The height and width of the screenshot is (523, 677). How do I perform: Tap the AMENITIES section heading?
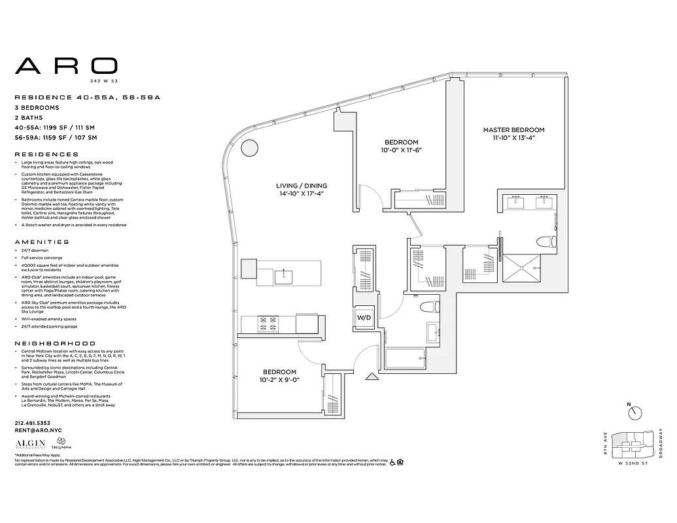coord(42,242)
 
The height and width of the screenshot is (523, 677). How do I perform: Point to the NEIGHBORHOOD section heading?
coord(55,343)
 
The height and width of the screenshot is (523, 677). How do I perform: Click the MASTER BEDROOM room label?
coord(513,130)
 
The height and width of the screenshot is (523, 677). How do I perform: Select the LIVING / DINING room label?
coord(300,185)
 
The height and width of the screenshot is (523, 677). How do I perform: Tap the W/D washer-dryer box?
coord(364,318)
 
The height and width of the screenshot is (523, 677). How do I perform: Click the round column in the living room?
coord(249,148)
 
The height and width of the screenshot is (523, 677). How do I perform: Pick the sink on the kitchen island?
coord(283,277)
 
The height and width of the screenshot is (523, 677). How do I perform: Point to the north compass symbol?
coord(635,413)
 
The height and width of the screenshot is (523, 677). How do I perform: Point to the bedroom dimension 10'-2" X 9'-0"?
coord(281,379)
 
